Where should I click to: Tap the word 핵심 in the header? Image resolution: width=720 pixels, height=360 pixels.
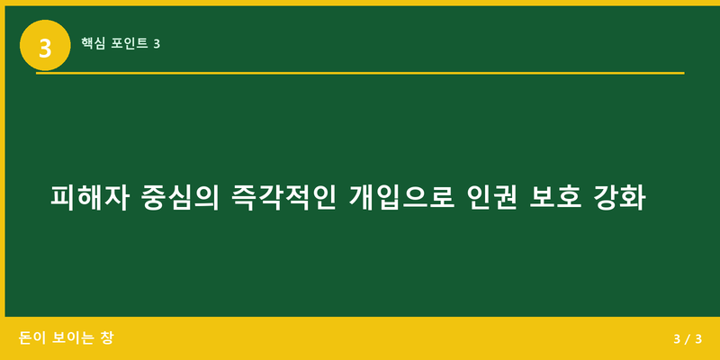[x=93, y=42]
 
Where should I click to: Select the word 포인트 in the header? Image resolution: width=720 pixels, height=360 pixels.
[x=130, y=42]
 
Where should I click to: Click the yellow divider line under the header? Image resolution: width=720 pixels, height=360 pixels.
[x=360, y=73]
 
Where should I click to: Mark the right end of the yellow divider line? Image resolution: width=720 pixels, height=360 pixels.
[x=682, y=73]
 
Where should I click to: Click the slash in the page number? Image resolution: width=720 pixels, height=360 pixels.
[x=687, y=339]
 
